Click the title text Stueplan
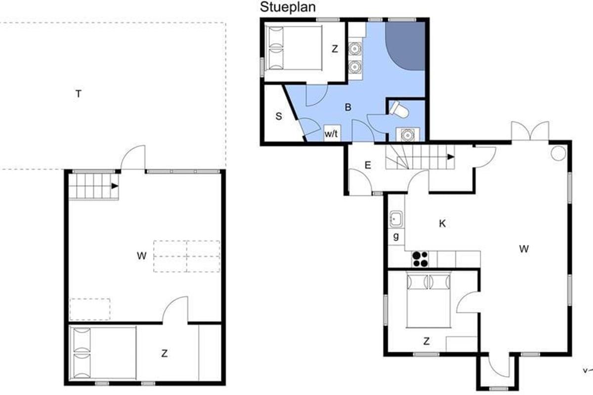click(288, 7)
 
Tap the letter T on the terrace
click(79, 94)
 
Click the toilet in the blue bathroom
click(398, 109)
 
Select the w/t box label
click(332, 134)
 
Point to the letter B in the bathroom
click(348, 107)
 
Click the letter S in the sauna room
click(279, 116)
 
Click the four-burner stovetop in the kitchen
click(420, 259)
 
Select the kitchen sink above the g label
click(396, 219)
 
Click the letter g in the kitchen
click(396, 236)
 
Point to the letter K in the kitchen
click(442, 224)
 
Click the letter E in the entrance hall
click(368, 165)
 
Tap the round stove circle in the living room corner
click(558, 153)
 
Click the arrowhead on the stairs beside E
click(451, 157)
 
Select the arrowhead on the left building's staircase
click(115, 186)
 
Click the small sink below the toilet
click(407, 135)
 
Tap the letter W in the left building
click(142, 256)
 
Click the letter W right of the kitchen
click(524, 249)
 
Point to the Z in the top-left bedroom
click(335, 49)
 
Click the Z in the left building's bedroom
click(165, 354)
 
